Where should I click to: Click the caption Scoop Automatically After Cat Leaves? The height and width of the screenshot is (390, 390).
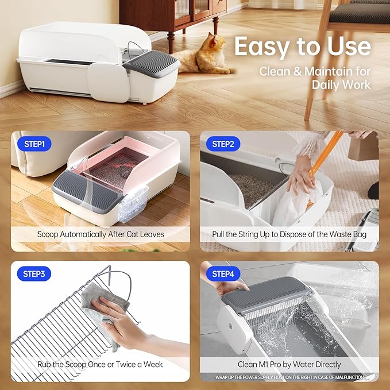click(100, 234)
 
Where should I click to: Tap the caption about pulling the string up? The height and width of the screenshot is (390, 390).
click(289, 234)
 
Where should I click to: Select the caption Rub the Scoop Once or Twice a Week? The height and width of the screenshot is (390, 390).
click(100, 364)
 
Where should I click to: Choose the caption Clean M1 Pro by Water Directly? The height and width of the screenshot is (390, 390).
click(289, 364)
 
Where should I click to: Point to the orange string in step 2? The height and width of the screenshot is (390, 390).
click(325, 164)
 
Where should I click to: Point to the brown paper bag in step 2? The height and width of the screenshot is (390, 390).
click(364, 147)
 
